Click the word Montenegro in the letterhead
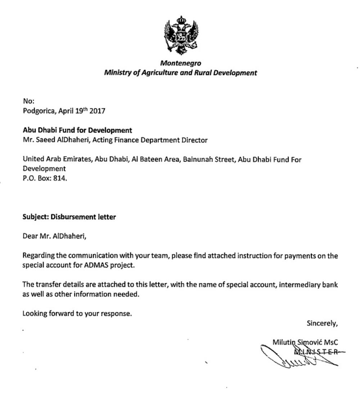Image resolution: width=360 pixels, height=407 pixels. (x=180, y=63)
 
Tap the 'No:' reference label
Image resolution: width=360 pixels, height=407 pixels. (x=28, y=101)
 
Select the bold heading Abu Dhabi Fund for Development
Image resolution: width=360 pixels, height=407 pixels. (x=77, y=130)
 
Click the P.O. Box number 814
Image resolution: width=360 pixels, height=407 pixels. (x=60, y=178)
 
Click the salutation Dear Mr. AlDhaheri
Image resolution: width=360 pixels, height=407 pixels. (x=55, y=236)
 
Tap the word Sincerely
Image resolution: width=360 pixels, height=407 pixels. (x=322, y=323)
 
